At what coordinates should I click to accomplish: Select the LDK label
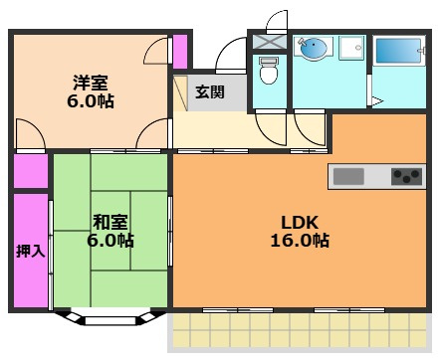pos(300,221)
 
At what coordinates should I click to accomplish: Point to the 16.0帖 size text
pos(300,241)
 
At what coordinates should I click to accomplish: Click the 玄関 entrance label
pos(208,92)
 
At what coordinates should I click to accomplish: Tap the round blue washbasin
pos(314,48)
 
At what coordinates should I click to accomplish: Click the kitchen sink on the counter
pos(348,176)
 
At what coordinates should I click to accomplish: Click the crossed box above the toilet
pos(268,43)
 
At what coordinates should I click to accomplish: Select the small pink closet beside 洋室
pos(180,52)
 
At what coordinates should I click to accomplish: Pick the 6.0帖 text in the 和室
pos(109,241)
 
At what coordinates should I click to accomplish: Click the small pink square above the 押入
pos(30,169)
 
